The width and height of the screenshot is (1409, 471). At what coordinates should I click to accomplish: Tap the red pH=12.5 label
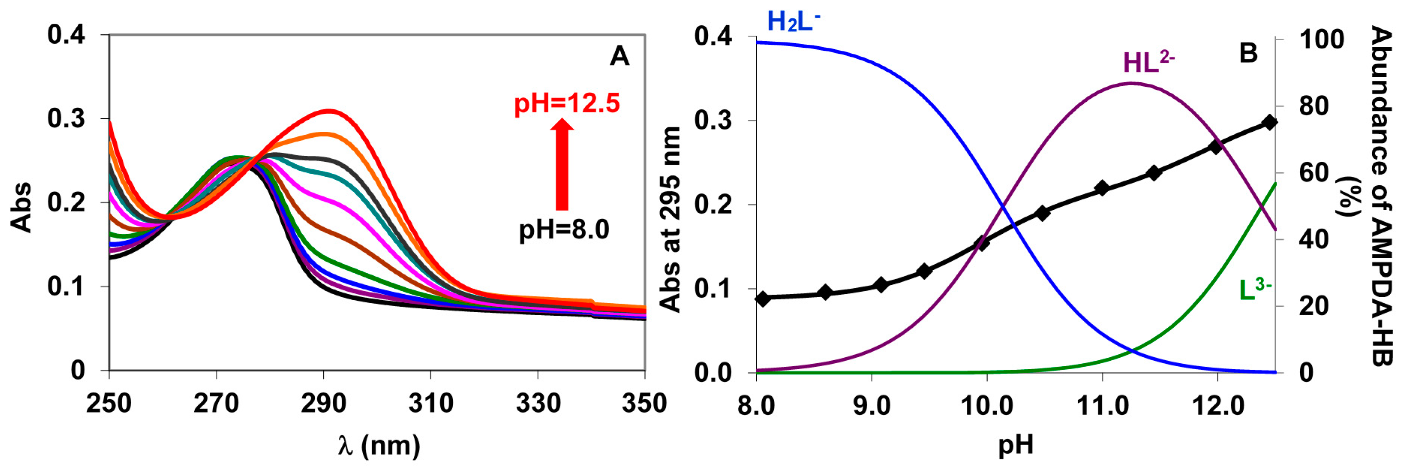(x=567, y=103)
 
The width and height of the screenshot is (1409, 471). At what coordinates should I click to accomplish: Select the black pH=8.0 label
(x=564, y=229)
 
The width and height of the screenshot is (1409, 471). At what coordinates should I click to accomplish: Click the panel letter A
(x=619, y=56)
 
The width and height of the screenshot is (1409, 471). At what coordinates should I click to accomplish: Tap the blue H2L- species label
(x=793, y=22)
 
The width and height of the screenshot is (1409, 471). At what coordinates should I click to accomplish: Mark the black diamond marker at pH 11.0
(x=1102, y=188)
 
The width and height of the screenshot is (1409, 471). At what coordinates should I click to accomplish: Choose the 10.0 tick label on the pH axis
(x=986, y=406)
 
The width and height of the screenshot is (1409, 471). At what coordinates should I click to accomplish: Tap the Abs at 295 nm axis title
(x=671, y=219)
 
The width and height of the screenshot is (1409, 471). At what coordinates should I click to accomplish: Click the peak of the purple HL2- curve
(x=1132, y=84)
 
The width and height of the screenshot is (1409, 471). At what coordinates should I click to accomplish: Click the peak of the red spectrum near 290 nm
(x=329, y=111)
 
